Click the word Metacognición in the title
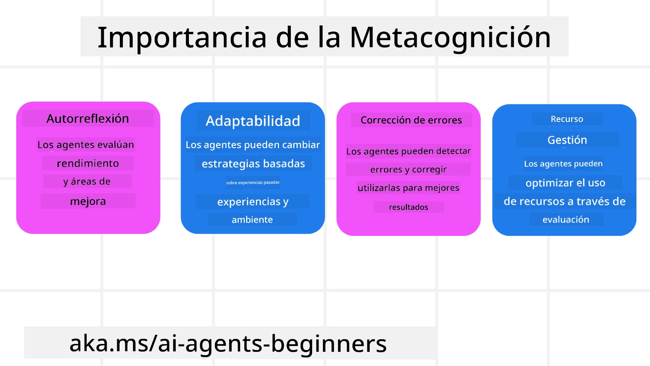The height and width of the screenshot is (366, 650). click(450, 37)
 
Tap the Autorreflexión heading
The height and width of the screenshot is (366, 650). click(88, 119)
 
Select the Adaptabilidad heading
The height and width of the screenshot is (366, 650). click(253, 121)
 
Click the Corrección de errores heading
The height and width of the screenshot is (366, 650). click(411, 120)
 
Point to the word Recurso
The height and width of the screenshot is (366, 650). click(567, 119)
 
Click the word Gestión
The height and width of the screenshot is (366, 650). click(567, 140)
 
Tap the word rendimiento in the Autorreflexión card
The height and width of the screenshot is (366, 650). click(88, 163)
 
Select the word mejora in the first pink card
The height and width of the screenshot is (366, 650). click(88, 201)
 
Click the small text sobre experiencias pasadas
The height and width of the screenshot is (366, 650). click(253, 182)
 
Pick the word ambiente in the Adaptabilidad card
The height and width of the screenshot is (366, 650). click(252, 220)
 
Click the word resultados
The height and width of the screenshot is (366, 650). click(408, 207)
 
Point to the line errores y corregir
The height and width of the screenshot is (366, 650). click(408, 169)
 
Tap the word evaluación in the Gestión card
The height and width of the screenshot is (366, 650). click(566, 220)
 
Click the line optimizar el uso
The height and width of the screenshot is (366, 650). click(565, 183)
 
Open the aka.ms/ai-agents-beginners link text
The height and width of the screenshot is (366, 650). click(228, 343)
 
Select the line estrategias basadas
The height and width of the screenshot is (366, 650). click(253, 164)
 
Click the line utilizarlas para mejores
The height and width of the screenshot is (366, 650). click(408, 188)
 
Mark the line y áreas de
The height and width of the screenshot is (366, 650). click(87, 182)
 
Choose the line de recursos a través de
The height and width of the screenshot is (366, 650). click(564, 201)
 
